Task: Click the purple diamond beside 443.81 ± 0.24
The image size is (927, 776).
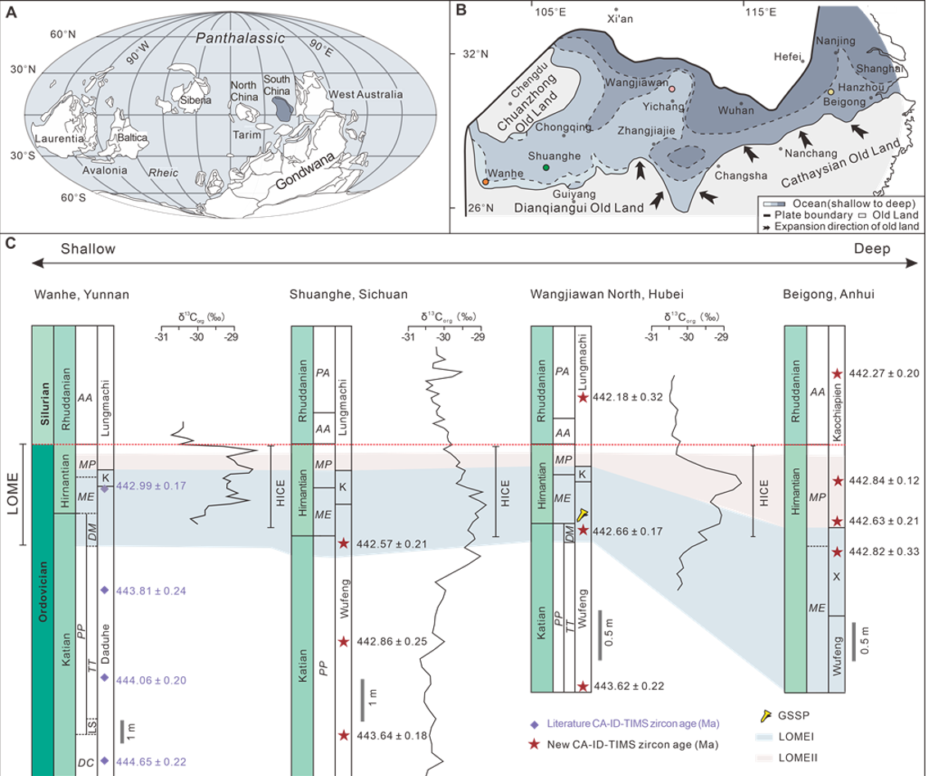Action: click(104, 589)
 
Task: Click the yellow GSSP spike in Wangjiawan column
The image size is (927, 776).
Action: click(581, 514)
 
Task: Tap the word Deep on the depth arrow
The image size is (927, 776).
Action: click(870, 248)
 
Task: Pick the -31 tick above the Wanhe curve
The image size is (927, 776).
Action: click(162, 336)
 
